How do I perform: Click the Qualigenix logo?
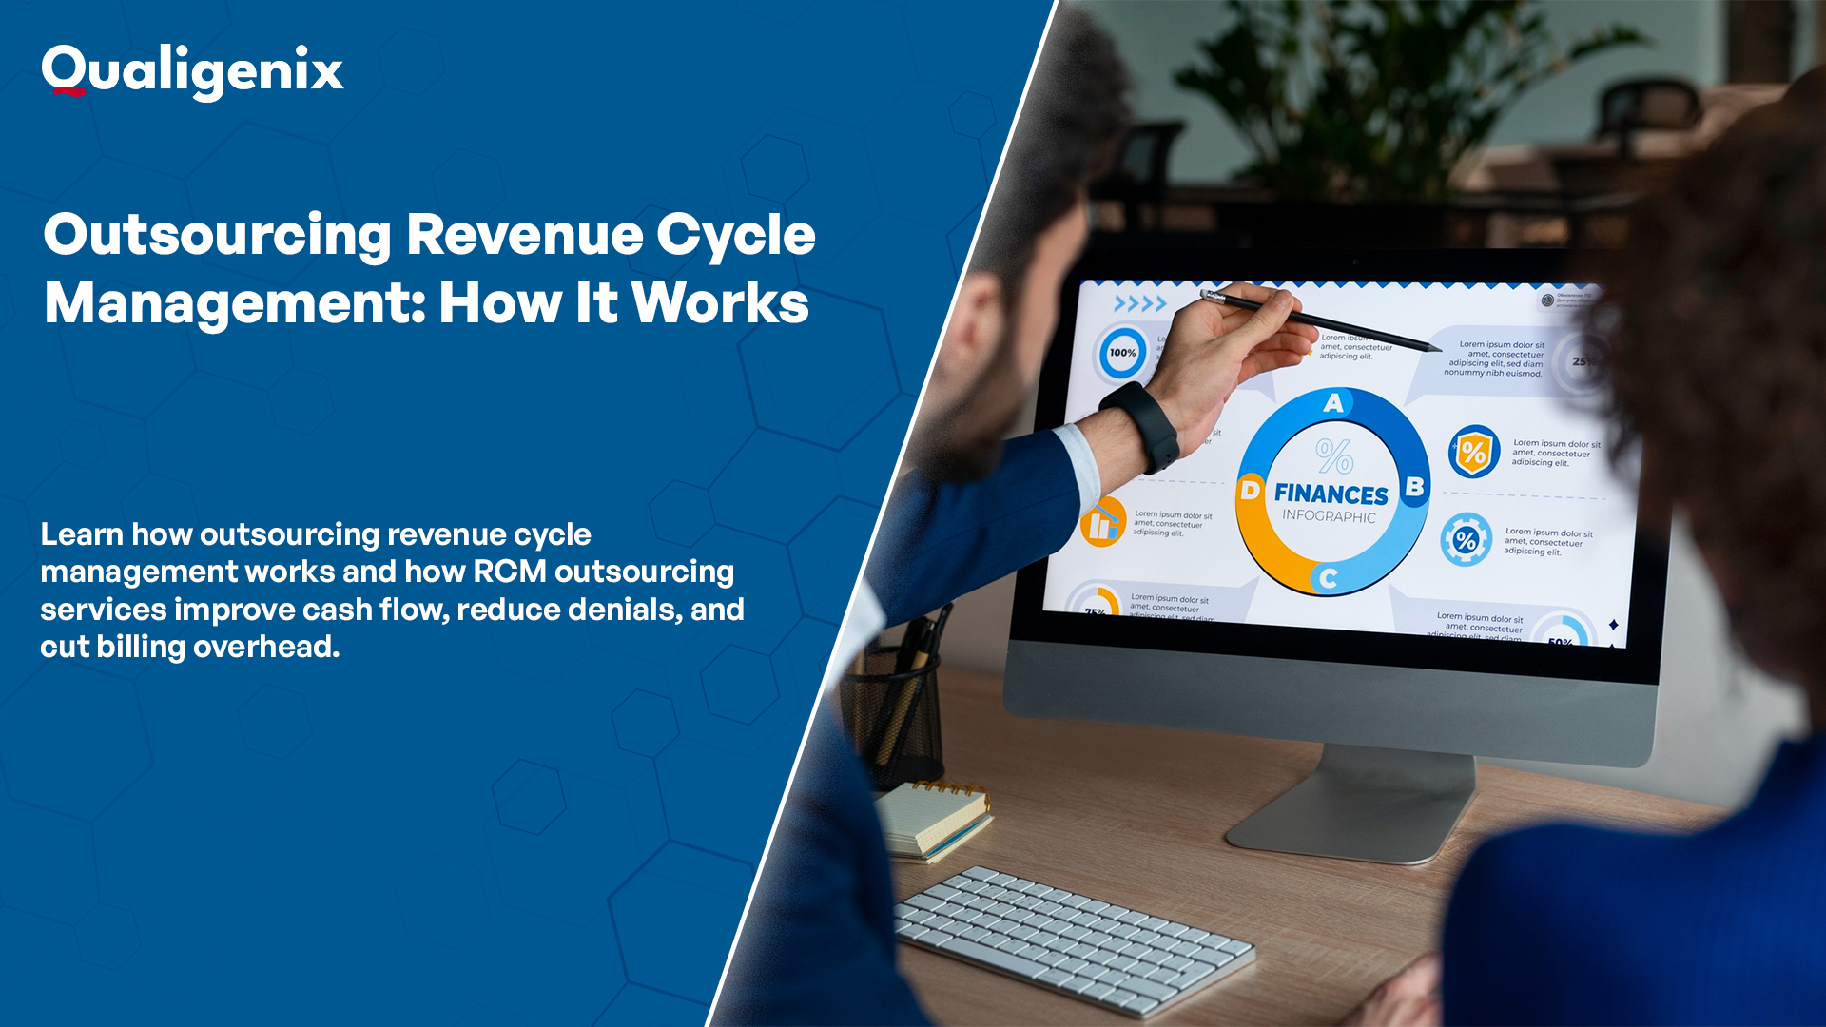[x=192, y=71]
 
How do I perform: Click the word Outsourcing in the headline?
[x=217, y=235]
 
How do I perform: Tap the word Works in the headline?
[x=720, y=303]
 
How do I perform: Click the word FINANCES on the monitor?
[x=1331, y=494]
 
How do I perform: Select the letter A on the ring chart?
[x=1333, y=403]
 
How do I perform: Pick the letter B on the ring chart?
[x=1414, y=487]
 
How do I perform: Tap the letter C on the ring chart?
[x=1329, y=577]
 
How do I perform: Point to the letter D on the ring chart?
[x=1250, y=491]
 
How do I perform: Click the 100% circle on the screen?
[x=1122, y=353]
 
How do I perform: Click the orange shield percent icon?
[x=1473, y=452]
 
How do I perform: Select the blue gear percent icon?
[x=1466, y=540]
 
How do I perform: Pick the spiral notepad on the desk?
[x=932, y=818]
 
